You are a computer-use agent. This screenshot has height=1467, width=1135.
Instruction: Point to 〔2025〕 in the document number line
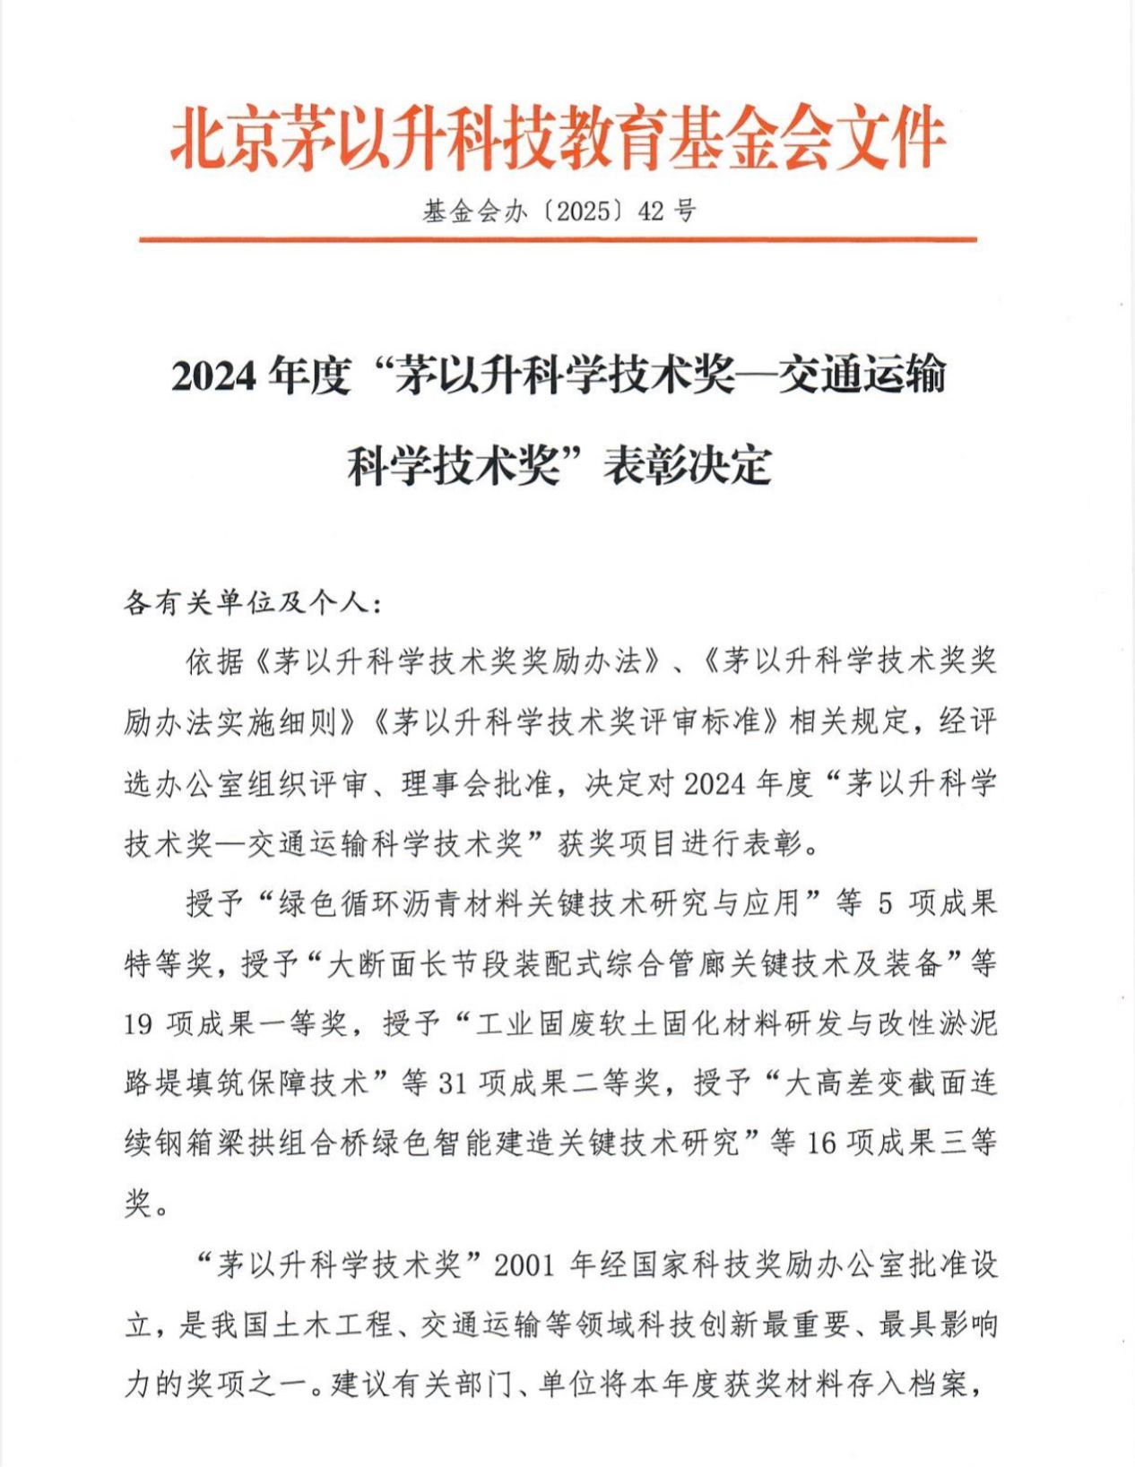pos(583,211)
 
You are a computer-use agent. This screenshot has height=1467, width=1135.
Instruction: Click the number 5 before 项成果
pos(885,903)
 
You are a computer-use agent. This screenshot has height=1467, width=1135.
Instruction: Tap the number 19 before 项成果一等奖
pos(138,1023)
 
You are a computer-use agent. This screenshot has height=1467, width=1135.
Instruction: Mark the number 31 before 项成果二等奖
pos(453,1083)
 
